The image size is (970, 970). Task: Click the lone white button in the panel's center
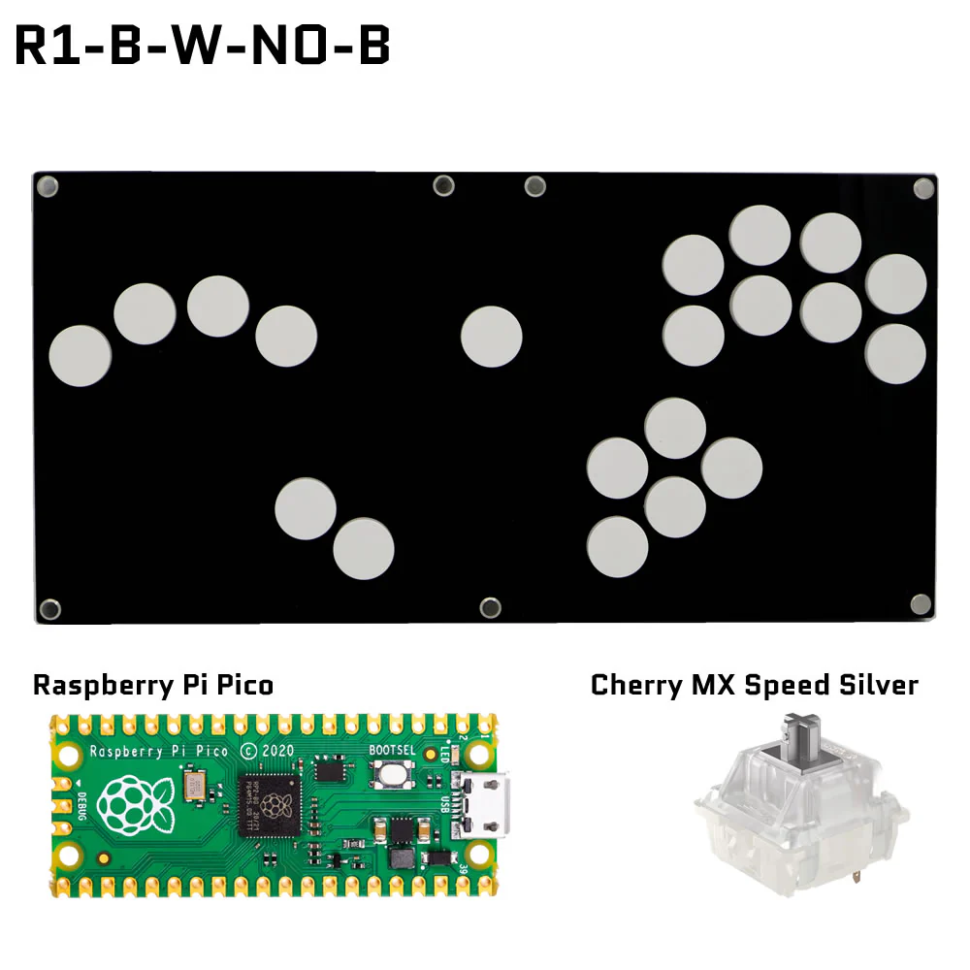[x=492, y=337]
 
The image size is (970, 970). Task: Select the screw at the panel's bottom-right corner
[x=920, y=604]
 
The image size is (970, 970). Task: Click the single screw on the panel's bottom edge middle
[x=491, y=608]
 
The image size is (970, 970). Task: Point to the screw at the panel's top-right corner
[x=922, y=186]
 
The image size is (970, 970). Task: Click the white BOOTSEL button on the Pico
[x=394, y=774]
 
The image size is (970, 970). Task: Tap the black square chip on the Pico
[x=277, y=804]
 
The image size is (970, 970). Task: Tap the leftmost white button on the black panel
[x=80, y=356]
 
